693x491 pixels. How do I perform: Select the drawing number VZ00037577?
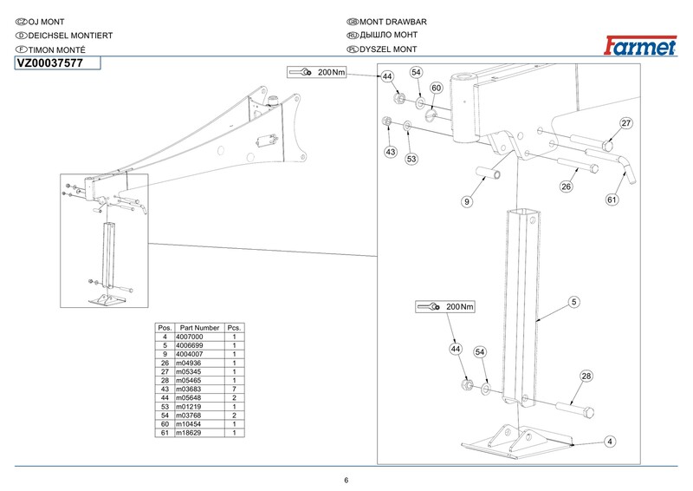[50, 62]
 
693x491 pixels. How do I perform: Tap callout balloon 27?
[626, 123]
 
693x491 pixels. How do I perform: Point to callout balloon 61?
[612, 200]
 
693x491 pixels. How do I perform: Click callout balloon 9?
[466, 201]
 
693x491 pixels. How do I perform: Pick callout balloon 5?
[573, 302]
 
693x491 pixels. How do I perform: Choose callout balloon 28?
[586, 376]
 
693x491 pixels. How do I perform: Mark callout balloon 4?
[610, 442]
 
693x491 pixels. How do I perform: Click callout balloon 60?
[437, 88]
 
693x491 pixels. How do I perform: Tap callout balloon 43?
[390, 152]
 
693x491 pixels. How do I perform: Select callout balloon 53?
[412, 159]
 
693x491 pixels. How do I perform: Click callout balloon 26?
[566, 186]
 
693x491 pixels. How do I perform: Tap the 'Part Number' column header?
[199, 327]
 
